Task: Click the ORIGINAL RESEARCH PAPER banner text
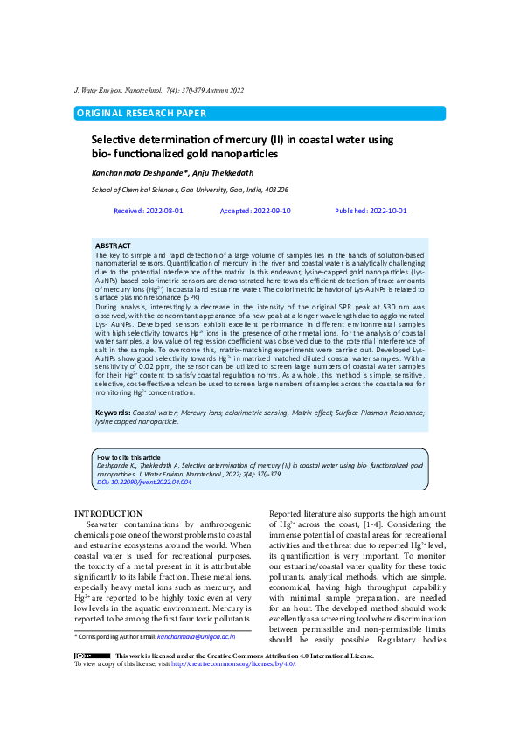pos(142,114)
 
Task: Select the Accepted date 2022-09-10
pos(255,212)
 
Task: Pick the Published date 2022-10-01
pos(371,212)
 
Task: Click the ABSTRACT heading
pos(113,246)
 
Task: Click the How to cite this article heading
pos(128,457)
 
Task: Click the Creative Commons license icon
pos(92,655)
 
